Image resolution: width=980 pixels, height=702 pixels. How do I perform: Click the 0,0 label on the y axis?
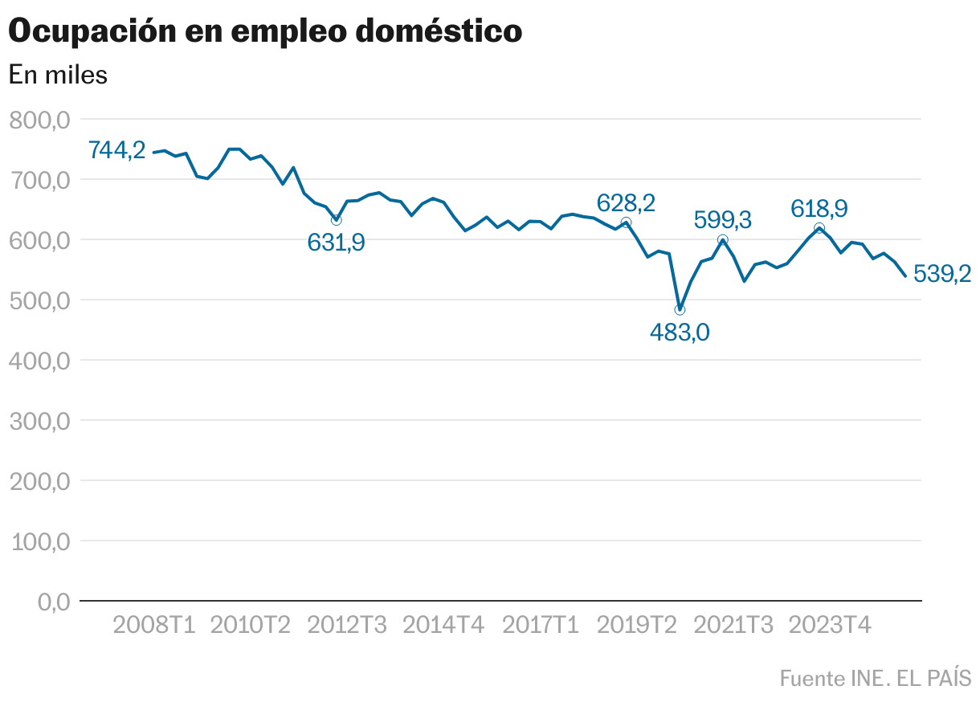(55, 602)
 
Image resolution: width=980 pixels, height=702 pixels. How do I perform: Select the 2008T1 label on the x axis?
(154, 625)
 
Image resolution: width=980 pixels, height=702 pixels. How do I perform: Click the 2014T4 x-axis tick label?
(443, 625)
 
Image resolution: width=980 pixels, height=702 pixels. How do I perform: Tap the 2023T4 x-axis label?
(830, 625)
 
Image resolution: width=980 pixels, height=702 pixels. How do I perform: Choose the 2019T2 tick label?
(636, 625)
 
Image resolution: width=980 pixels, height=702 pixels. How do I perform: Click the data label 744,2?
(116, 149)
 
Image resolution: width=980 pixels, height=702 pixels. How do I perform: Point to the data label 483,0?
(680, 332)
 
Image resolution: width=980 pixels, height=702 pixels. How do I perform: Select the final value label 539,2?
(942, 275)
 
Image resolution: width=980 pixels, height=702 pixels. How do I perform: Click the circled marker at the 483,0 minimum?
(680, 310)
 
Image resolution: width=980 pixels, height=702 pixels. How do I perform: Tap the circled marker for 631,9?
(337, 220)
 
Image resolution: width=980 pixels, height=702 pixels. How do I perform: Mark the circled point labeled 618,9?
(819, 228)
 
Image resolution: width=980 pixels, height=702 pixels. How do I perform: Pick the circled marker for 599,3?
(722, 240)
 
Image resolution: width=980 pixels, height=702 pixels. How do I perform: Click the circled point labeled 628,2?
(626, 222)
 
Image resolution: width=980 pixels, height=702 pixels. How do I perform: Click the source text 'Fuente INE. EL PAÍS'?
(875, 678)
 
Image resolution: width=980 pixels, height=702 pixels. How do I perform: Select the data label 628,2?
(626, 202)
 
